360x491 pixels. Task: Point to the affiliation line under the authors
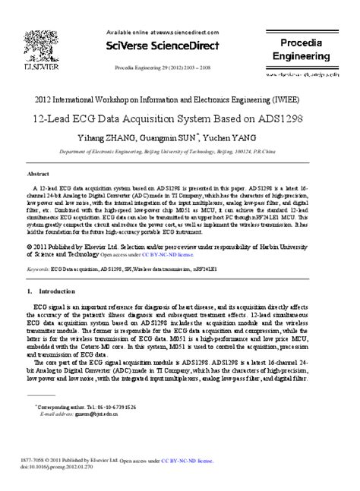point(180,152)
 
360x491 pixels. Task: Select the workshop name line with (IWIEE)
point(180,102)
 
